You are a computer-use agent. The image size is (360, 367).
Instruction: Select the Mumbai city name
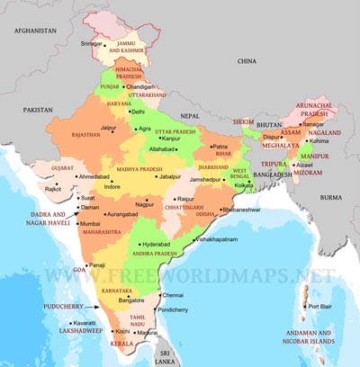[89, 223]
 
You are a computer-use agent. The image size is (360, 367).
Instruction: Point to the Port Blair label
[322, 308]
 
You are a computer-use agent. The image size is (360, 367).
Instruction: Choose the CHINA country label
[247, 60]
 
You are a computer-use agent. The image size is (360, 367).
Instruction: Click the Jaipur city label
[108, 129]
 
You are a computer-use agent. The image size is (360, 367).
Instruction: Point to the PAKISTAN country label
[40, 109]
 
